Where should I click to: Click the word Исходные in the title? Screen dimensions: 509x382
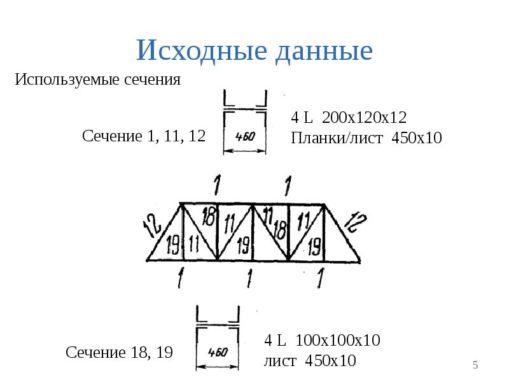(202, 50)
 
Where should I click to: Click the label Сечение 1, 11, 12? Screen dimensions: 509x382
(144, 136)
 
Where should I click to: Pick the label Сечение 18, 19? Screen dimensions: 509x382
(119, 352)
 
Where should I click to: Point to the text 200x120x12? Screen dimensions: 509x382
(364, 117)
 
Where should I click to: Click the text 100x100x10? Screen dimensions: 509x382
(338, 341)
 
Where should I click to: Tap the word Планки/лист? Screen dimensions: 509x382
(337, 138)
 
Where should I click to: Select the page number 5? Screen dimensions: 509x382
(475, 365)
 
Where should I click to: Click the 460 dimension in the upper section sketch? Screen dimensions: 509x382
(245, 136)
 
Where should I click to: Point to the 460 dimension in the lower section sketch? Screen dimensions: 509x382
(218, 352)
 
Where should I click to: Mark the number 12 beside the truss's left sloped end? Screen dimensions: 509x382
(152, 225)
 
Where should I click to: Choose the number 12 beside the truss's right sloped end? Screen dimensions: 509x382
(355, 222)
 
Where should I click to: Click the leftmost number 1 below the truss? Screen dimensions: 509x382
(181, 278)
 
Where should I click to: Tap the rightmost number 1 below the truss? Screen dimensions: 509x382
(321, 278)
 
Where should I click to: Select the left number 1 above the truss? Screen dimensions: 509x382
(217, 185)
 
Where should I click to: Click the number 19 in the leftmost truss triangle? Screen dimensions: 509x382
(172, 245)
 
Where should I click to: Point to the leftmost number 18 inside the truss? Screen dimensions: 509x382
(209, 216)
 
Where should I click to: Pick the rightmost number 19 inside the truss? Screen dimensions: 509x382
(314, 246)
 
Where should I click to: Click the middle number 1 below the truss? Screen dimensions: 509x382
(249, 278)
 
